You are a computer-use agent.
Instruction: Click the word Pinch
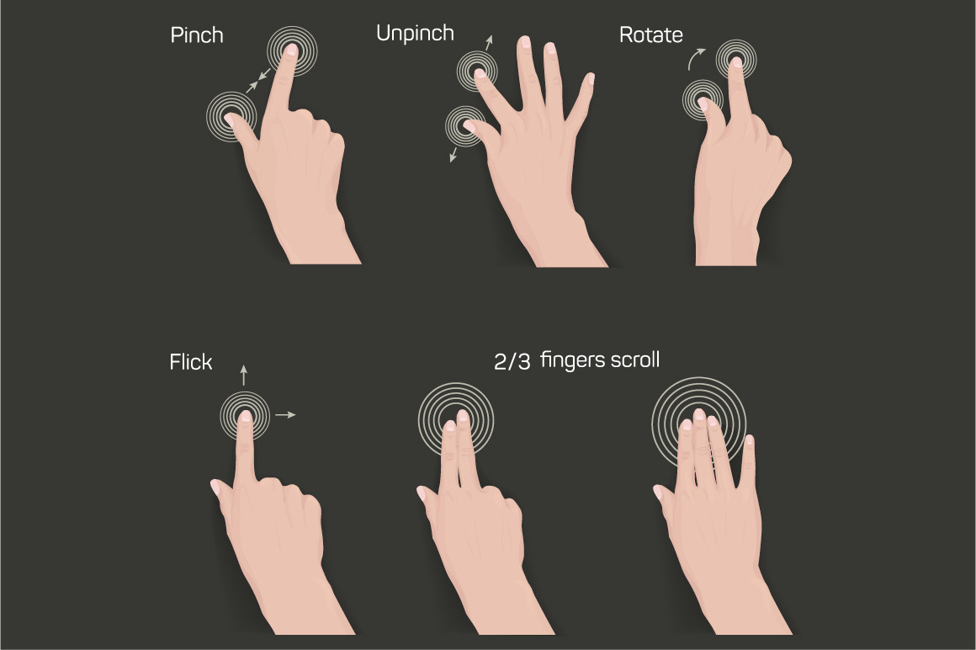(x=197, y=35)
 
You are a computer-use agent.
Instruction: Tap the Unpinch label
(x=415, y=34)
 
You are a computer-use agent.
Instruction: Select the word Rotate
(x=651, y=35)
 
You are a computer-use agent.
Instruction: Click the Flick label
(x=191, y=362)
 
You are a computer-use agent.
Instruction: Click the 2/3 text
(x=512, y=362)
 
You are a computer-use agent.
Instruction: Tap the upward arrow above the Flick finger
(x=244, y=375)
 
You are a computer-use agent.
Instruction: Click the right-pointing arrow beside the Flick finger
(x=286, y=414)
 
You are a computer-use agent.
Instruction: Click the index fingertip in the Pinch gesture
(x=290, y=49)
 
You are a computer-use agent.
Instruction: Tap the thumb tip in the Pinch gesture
(x=230, y=118)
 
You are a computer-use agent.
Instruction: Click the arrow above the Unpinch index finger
(x=489, y=43)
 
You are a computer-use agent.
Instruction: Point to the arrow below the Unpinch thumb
(x=454, y=154)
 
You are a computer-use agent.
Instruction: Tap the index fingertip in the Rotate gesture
(x=737, y=62)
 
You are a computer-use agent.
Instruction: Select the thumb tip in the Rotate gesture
(x=703, y=103)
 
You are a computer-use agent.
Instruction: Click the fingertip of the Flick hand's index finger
(x=245, y=416)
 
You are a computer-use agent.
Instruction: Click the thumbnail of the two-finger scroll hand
(x=422, y=493)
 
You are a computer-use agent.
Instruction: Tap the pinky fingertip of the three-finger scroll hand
(x=749, y=440)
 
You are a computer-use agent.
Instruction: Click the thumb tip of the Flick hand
(x=215, y=486)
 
